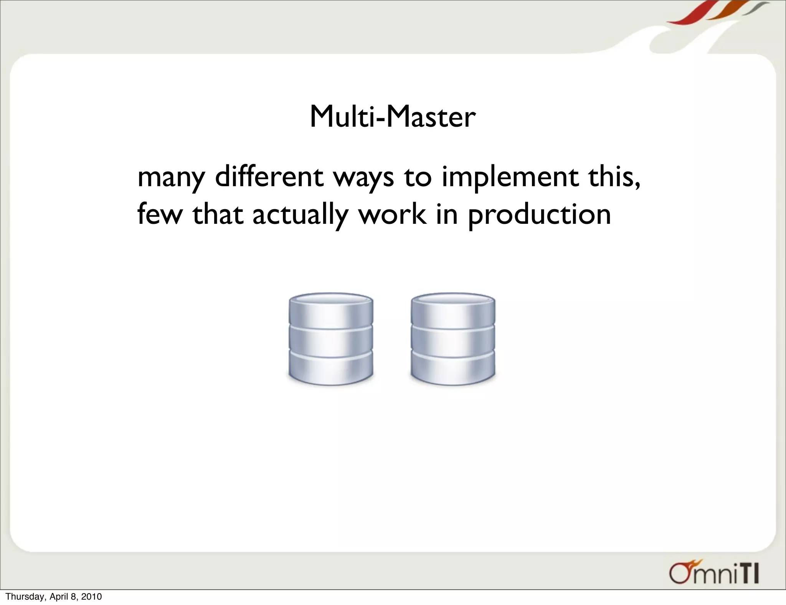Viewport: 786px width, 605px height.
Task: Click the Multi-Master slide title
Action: [x=392, y=117]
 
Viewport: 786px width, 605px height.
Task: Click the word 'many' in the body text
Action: [x=171, y=178]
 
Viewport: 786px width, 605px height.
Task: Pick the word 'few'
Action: [x=160, y=214]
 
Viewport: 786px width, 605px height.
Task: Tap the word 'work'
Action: [x=392, y=214]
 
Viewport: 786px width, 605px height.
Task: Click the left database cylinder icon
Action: [x=330, y=339]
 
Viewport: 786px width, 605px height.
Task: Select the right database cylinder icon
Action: [x=453, y=339]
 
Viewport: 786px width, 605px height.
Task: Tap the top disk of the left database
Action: [x=330, y=309]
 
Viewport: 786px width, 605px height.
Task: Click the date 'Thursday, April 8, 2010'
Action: [x=54, y=597]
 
